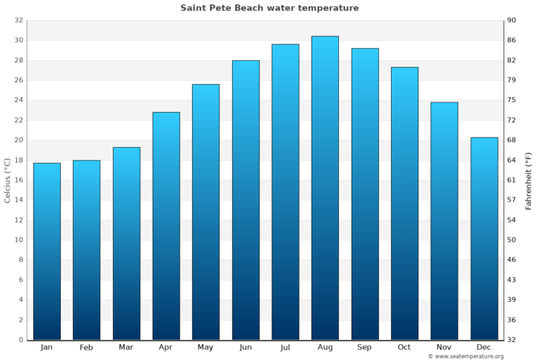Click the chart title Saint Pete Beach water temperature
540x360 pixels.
coord(269,8)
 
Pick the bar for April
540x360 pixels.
coord(166,226)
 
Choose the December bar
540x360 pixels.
coord(484,238)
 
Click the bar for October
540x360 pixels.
coord(404,203)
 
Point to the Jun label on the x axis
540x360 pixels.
coord(246,347)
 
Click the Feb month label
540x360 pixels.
coord(86,347)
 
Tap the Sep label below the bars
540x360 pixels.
coord(365,347)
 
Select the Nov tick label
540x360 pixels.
coord(444,347)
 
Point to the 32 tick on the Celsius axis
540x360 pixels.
coord(19,20)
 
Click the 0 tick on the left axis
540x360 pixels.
coord(21,340)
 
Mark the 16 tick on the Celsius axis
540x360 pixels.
coord(19,180)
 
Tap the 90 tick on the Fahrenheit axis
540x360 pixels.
coord(512,20)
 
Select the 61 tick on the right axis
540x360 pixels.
coord(512,180)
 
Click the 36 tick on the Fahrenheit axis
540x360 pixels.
coord(512,320)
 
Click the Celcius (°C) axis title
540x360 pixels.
coord(7,180)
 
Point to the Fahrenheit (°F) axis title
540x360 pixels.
coord(529,180)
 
